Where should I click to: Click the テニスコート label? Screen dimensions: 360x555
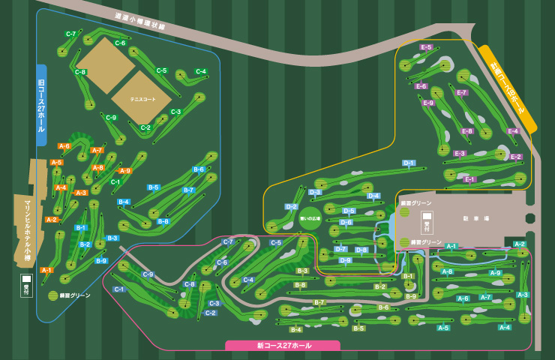pos(142,99)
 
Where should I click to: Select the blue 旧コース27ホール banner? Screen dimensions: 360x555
pos(41,104)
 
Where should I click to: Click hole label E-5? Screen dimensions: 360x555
pos(426,47)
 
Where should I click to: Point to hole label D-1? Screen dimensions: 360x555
pos(409,163)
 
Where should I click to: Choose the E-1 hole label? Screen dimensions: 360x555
pos(470,179)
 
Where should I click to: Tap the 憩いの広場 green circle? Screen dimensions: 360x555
pos(310,218)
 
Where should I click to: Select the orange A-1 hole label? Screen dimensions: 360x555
pos(46,270)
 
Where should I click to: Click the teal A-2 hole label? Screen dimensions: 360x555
pos(520,244)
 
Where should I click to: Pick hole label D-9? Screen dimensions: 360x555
pos(345,260)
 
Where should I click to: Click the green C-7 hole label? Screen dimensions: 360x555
pos(71,34)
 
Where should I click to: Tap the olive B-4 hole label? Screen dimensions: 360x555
pos(295,329)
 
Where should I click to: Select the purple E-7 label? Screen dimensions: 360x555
pos(462,93)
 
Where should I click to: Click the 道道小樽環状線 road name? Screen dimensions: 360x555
pos(139,21)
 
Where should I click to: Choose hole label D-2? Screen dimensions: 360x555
pos(291,206)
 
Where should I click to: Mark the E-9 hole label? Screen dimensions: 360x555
pos(427,103)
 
